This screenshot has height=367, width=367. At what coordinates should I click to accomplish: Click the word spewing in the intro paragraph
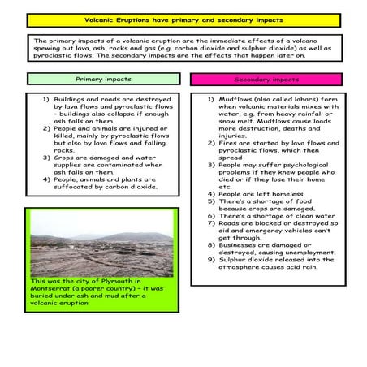pos(55,50)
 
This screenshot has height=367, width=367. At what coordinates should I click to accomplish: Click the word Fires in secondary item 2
pos(229,143)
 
